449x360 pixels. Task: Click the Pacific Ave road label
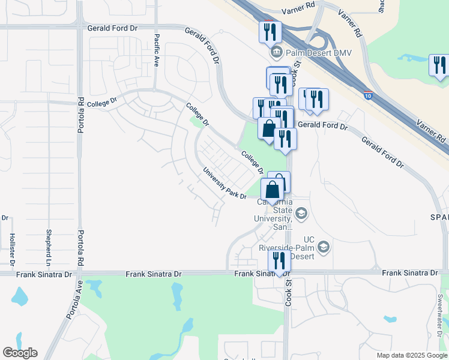[x=156, y=50]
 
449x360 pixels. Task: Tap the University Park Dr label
[x=224, y=183]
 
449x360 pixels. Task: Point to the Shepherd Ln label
[x=48, y=247]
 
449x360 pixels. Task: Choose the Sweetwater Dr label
[x=440, y=313]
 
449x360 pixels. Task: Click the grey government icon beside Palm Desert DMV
[x=276, y=51]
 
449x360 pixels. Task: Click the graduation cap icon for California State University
[x=301, y=213]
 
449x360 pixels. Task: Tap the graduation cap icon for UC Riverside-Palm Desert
[x=324, y=247]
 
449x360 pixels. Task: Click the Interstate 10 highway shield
[x=367, y=94]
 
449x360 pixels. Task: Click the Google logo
[x=20, y=353]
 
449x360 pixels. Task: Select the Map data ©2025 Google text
[x=411, y=355]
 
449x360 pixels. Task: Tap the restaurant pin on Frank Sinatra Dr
[x=279, y=261]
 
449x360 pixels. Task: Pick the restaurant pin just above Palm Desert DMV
[x=270, y=31]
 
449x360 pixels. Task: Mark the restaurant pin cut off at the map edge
[x=440, y=65]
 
